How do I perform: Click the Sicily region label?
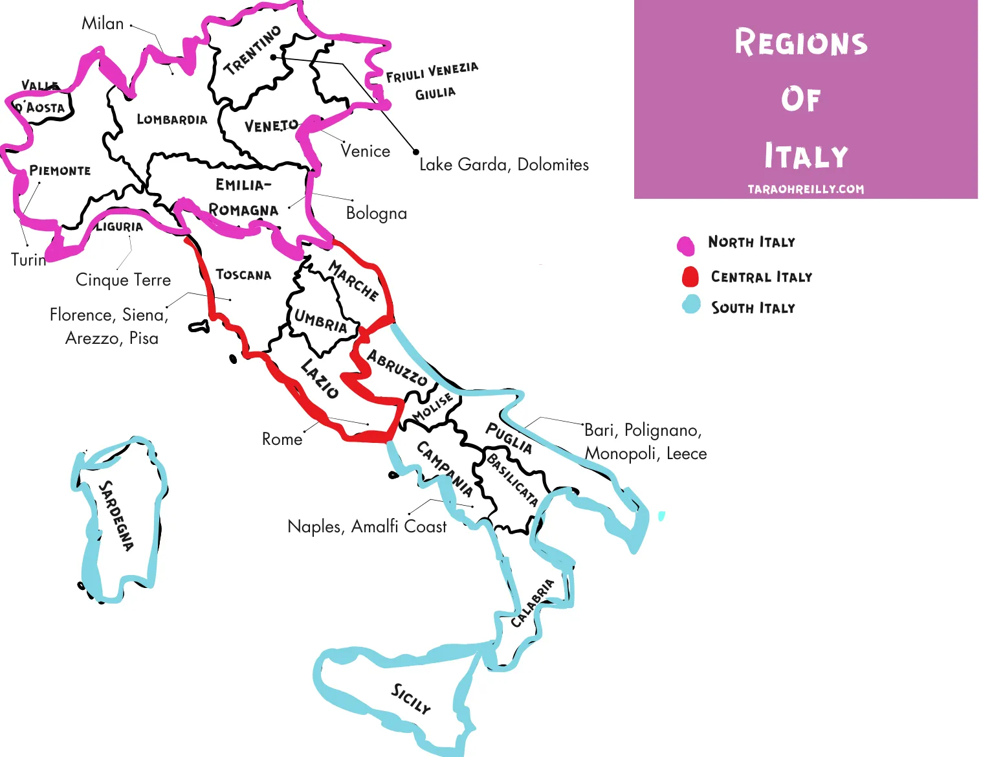(x=410, y=699)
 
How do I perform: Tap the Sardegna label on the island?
(x=116, y=515)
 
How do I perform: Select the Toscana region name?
(x=243, y=275)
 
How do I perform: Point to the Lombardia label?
(x=172, y=119)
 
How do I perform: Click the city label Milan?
(x=102, y=23)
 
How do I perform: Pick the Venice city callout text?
(x=366, y=151)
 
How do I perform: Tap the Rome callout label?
(x=282, y=439)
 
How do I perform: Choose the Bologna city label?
(x=377, y=213)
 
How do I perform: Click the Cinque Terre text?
(x=123, y=280)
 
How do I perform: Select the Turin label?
(x=28, y=260)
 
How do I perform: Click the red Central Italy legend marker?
(x=690, y=277)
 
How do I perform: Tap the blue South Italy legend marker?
(x=691, y=304)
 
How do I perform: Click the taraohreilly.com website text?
(x=806, y=189)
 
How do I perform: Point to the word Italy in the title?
(x=806, y=157)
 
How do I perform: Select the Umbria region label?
(x=320, y=321)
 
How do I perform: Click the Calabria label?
(x=533, y=603)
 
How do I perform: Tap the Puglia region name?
(x=509, y=438)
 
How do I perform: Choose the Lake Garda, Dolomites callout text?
(x=504, y=164)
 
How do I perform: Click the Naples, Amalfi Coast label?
(x=367, y=526)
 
